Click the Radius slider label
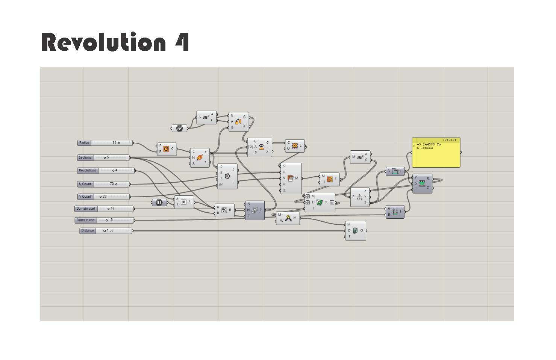tap(84, 143)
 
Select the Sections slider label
tap(85, 157)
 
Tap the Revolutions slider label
tap(88, 171)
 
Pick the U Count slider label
tap(85, 184)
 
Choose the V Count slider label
tap(85, 197)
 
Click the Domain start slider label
tap(86, 209)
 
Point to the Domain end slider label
tap(86, 220)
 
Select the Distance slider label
tap(88, 231)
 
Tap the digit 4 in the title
tap(182, 42)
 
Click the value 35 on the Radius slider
tap(114, 143)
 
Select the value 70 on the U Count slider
tap(112, 184)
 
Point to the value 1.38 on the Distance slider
tap(110, 231)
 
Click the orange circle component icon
tap(166, 149)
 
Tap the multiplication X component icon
tap(183, 202)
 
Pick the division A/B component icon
tap(224, 210)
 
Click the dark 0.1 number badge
tap(159, 203)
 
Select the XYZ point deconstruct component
tap(360, 197)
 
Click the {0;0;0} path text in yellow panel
tap(449, 140)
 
